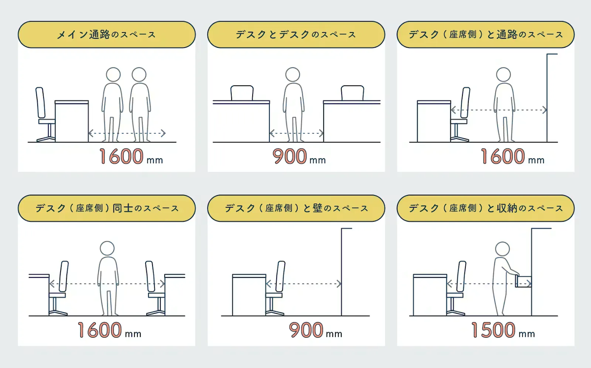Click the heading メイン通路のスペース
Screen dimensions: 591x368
(x=106, y=35)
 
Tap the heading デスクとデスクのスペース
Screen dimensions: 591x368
(x=296, y=35)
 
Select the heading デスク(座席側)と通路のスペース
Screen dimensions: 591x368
(x=486, y=35)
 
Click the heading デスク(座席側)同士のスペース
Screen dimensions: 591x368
(x=107, y=208)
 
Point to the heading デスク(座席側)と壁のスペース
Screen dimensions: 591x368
(x=296, y=208)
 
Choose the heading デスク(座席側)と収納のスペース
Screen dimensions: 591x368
(x=486, y=208)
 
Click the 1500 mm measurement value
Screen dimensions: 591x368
(x=503, y=330)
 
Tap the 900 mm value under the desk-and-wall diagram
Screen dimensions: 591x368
(x=315, y=330)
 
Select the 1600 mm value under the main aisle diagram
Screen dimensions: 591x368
(x=131, y=156)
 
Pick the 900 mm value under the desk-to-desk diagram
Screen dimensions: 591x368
(x=299, y=156)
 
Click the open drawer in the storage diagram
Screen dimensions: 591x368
(x=523, y=282)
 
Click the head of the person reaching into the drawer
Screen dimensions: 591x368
(x=502, y=249)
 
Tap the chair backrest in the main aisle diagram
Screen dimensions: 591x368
(x=40, y=102)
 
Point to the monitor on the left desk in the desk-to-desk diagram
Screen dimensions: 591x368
(x=242, y=93)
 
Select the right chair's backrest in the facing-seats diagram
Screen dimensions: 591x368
(x=150, y=276)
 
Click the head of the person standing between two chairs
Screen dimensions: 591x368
(x=107, y=248)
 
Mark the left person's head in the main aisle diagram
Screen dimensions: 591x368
(x=113, y=75)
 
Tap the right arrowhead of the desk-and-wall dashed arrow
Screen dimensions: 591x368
(x=339, y=284)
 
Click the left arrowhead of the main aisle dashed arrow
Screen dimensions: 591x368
(x=91, y=133)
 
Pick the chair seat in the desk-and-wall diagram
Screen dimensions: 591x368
(x=274, y=295)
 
